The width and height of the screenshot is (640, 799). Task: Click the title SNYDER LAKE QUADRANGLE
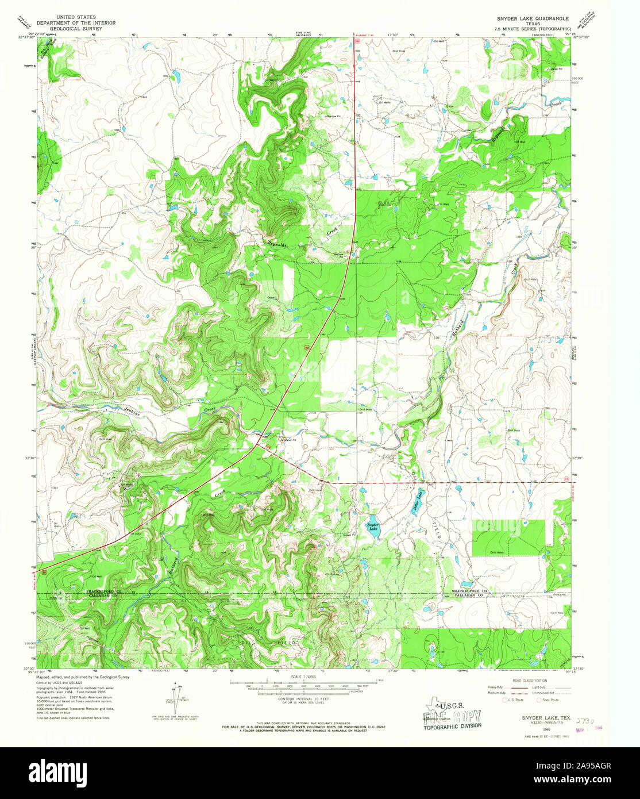click(525, 18)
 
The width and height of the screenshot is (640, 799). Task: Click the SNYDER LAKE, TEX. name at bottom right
click(538, 718)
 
